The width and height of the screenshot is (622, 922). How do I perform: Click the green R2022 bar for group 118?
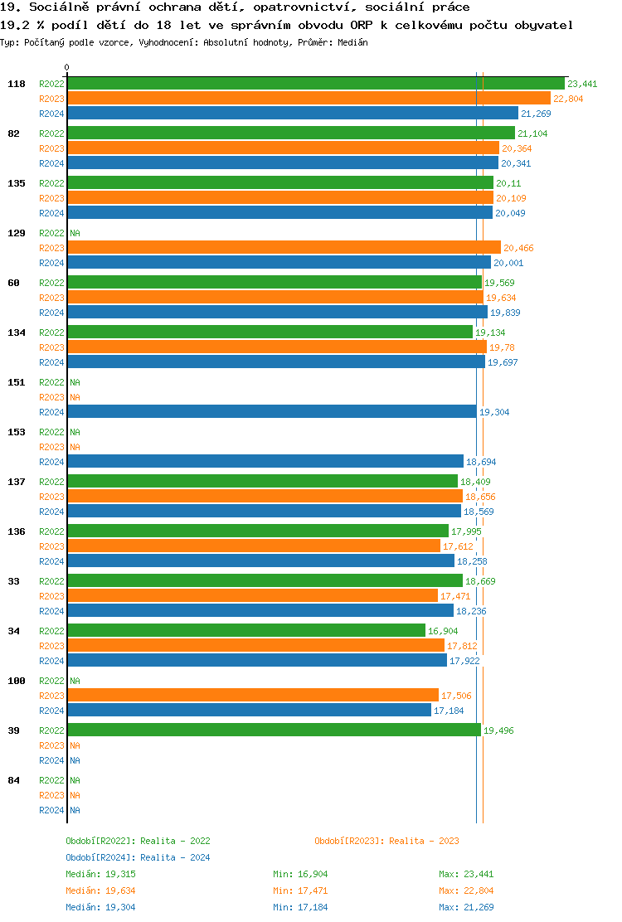coord(315,84)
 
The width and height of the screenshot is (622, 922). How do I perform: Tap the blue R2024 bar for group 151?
coord(272,412)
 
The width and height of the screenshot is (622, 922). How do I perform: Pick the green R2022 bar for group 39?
coord(274,730)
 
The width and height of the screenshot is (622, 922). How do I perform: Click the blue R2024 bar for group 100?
coord(249,711)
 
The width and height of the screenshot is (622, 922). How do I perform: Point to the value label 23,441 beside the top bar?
coord(582,84)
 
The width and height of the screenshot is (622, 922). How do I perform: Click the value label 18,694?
coord(481,462)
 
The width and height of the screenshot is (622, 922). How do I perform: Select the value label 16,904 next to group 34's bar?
coord(443,631)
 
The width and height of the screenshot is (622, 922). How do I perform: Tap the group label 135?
coord(17,183)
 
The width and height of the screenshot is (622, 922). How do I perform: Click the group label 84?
coord(14,780)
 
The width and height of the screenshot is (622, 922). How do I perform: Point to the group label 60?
coord(14,283)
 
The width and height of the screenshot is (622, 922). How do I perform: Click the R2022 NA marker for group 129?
coord(75,233)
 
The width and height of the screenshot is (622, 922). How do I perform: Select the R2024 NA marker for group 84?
coord(75,810)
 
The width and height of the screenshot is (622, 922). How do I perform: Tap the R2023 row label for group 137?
coord(51,497)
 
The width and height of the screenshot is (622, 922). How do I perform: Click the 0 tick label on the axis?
coord(67,68)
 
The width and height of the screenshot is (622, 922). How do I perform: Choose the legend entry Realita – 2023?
coord(386,841)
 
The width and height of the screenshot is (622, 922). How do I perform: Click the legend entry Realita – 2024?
coord(138,857)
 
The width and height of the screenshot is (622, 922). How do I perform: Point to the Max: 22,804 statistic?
coord(466,890)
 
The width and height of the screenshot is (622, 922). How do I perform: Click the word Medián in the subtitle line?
coord(353,41)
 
